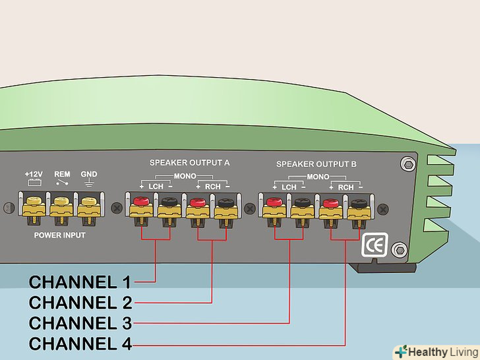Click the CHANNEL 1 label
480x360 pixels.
[80, 282]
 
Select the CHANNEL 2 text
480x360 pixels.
[80, 303]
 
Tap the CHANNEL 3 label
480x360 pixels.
[80, 323]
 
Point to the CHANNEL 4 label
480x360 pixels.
[80, 344]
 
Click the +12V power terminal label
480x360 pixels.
[34, 174]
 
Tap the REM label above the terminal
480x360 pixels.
[62, 174]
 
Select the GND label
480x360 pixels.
[88, 174]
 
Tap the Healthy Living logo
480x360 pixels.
[435, 351]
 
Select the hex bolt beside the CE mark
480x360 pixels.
[398, 250]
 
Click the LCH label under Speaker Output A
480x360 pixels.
[156, 187]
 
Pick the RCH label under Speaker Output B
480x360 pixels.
[345, 187]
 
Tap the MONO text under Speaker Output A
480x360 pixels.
[184, 177]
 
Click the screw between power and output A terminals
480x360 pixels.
[117, 208]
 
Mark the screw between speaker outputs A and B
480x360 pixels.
[249, 208]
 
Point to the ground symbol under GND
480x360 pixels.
[88, 184]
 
